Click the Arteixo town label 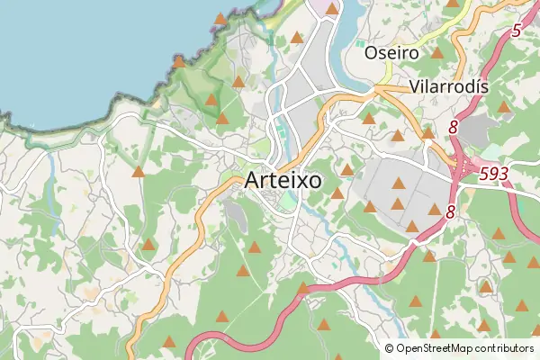click(x=283, y=180)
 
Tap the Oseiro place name click(x=391, y=53)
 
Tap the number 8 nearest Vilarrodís click(x=454, y=128)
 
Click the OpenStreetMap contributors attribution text click(x=464, y=347)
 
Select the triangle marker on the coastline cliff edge click(x=178, y=62)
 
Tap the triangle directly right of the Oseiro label click(x=437, y=52)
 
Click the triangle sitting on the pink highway click(x=302, y=289)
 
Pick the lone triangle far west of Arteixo click(x=139, y=172)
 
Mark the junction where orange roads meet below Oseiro click(x=376, y=88)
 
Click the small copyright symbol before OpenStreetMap click(x=389, y=347)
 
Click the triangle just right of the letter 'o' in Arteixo click(x=337, y=193)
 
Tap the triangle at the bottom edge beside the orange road click(x=169, y=342)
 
